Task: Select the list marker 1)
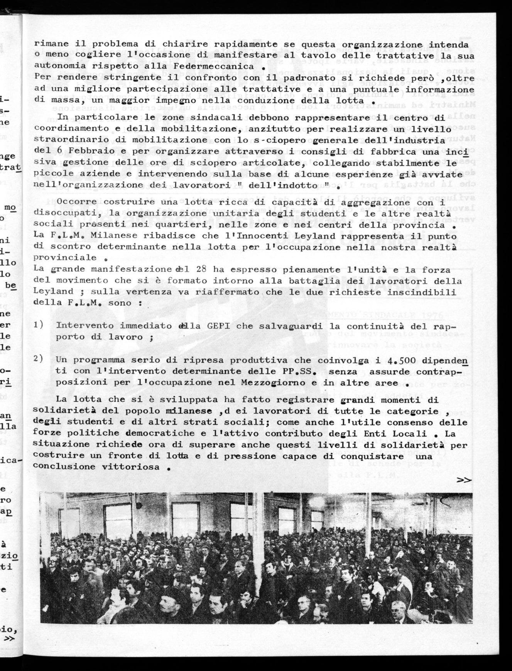[38, 325]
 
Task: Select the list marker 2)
[38, 359]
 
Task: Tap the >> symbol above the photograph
[464, 480]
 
